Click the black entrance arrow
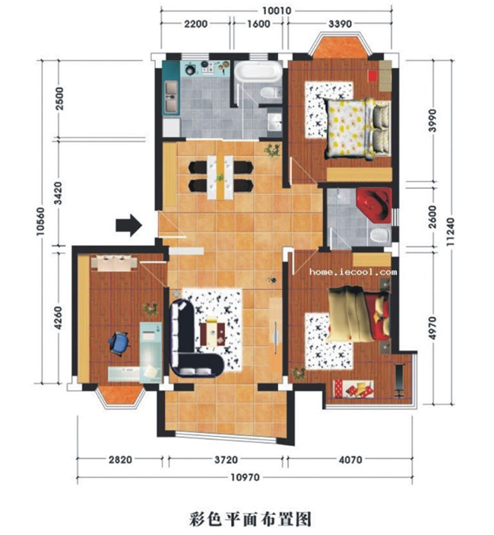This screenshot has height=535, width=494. [x=128, y=225]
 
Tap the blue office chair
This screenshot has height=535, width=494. [x=119, y=342]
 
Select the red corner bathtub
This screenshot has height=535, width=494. [x=375, y=204]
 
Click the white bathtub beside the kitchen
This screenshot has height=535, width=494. [x=258, y=72]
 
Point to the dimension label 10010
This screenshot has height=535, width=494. [x=277, y=11]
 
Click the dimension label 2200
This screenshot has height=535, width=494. [x=196, y=24]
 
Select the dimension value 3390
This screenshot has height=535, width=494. [x=340, y=24]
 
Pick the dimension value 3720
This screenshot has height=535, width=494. [x=226, y=460]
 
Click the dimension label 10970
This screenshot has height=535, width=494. [x=245, y=477]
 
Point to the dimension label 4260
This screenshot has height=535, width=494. [x=59, y=318]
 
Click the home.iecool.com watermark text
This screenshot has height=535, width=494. [x=353, y=272]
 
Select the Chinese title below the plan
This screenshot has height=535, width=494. [x=250, y=519]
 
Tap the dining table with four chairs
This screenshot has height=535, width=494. [x=220, y=177]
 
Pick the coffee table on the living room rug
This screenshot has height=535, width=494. [x=212, y=333]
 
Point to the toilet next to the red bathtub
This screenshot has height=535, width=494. [x=380, y=235]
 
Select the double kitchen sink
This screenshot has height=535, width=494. [x=171, y=97]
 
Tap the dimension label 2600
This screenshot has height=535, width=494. [x=432, y=217]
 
